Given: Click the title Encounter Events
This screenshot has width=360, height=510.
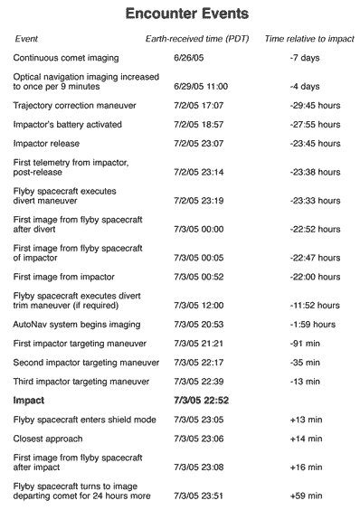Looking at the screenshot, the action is point(187,15).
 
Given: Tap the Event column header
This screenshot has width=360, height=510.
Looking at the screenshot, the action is point(27,40).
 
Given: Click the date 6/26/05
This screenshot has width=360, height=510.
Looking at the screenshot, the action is point(187,58).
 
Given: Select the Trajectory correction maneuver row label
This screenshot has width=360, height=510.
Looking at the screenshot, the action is point(75,105).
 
